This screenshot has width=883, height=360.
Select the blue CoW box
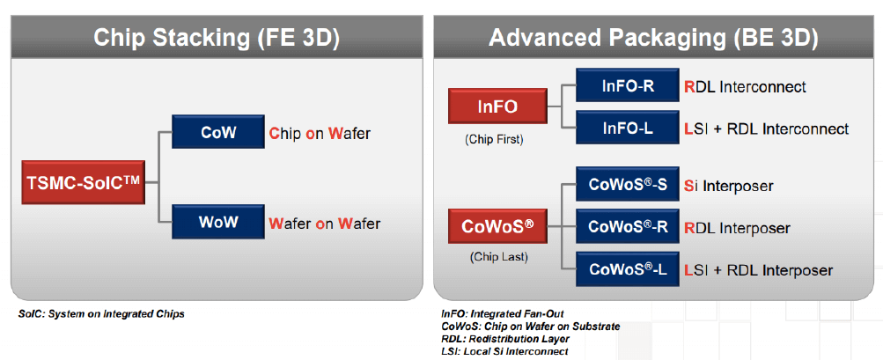pyautogui.click(x=218, y=134)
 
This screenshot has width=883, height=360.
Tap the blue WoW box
pyautogui.click(x=218, y=223)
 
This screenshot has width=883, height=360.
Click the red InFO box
pyautogui.click(x=497, y=107)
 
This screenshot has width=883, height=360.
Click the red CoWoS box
pyautogui.click(x=497, y=227)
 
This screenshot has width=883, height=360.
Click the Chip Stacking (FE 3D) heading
pyautogui.click(x=217, y=39)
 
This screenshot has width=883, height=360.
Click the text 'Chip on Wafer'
pyautogui.click(x=320, y=134)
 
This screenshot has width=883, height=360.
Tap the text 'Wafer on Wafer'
pyautogui.click(x=325, y=224)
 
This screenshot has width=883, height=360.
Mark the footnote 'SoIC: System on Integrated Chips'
pyautogui.click(x=101, y=314)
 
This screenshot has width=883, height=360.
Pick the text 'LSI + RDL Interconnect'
pyautogui.click(x=766, y=129)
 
